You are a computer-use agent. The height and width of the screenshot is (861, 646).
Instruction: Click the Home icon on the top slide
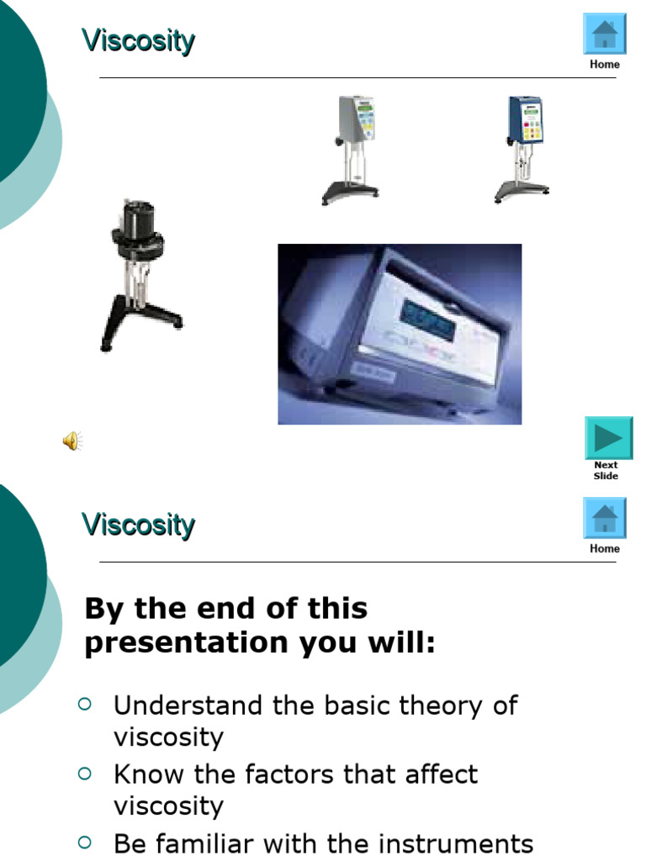point(605,34)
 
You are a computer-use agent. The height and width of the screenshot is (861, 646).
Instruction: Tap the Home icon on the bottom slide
point(605,518)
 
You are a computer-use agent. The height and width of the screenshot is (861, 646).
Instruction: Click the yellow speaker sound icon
point(72,441)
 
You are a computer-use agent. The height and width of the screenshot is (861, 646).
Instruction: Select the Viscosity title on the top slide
point(138,40)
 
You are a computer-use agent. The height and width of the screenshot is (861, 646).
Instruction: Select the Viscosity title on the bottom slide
point(138,525)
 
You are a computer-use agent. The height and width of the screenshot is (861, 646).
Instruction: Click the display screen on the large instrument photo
point(426,318)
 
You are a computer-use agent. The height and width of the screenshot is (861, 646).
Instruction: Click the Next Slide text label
point(606,471)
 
